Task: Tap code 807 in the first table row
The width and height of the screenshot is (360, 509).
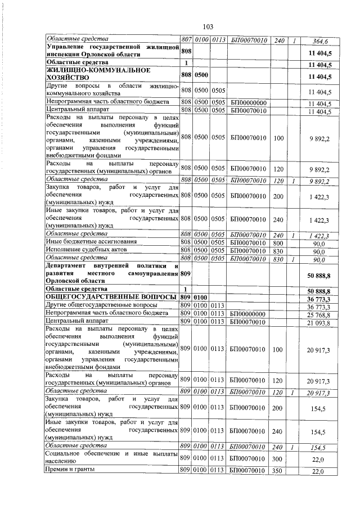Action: [x=186, y=40]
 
